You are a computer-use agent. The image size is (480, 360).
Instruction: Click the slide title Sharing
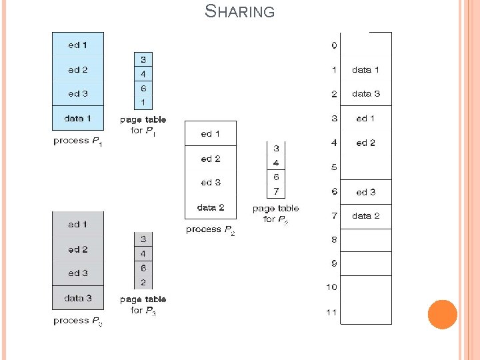[239, 11]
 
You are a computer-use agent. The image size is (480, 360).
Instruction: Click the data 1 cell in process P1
[78, 118]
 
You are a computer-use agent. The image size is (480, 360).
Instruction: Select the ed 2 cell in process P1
[78, 69]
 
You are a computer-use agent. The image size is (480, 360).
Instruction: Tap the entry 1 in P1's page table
[143, 103]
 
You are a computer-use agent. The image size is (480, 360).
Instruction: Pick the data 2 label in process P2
[211, 207]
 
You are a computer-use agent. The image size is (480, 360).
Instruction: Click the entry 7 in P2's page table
[276, 192]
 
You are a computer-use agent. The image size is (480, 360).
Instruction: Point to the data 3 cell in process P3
[78, 298]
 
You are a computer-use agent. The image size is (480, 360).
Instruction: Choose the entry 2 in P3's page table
[143, 283]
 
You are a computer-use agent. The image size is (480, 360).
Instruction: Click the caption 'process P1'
[78, 141]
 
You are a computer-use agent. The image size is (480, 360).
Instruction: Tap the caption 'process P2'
[211, 230]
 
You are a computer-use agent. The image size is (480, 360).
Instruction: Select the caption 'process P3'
[78, 321]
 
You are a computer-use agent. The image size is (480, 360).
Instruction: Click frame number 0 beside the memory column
[333, 45]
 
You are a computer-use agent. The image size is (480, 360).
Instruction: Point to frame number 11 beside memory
[331, 312]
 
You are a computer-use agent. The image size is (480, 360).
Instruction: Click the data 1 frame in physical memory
[365, 69]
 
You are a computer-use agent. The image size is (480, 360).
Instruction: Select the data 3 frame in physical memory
[365, 94]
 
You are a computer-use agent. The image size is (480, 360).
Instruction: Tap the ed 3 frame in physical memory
[365, 192]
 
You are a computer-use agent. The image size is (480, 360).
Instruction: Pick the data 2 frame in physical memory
[365, 216]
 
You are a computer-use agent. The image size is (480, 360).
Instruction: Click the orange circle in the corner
[442, 314]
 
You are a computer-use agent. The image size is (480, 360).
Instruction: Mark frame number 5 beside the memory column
[333, 167]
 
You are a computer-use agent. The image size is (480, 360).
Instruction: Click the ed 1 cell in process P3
[78, 225]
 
